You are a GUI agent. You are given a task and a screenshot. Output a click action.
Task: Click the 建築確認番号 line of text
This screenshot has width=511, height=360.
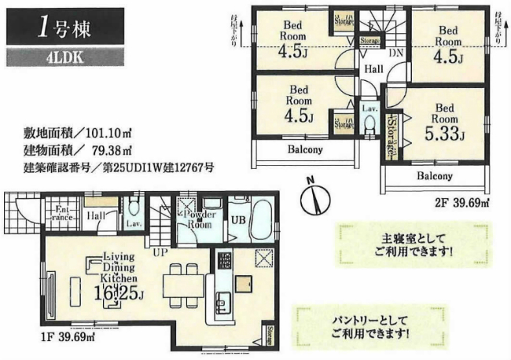coord(118,167)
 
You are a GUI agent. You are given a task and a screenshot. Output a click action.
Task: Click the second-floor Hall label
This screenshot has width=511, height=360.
coord(373,70)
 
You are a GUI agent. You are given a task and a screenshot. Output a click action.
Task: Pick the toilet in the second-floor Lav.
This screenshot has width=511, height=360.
coord(368,127)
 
